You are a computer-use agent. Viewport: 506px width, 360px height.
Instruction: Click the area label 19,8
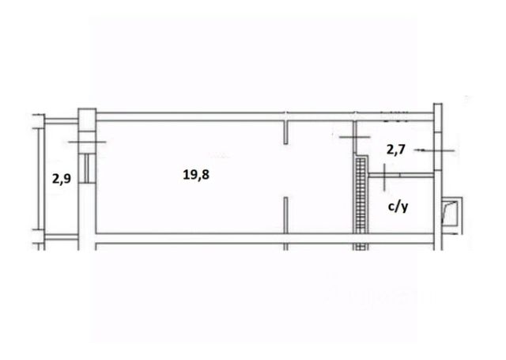[196, 175]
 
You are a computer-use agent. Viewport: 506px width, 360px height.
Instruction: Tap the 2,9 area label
[62, 178]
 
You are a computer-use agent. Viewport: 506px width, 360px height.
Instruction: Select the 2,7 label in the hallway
[395, 150]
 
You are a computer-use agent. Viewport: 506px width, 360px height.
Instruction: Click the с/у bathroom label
[398, 207]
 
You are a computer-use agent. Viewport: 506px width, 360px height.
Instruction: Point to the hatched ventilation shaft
[361, 195]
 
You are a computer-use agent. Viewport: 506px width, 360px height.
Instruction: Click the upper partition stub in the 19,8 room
[285, 132]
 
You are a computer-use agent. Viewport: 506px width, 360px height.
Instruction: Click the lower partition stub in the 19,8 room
[285, 215]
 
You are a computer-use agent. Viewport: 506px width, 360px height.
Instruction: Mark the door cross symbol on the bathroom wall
[385, 177]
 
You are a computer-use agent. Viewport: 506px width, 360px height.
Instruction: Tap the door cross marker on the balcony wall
[87, 142]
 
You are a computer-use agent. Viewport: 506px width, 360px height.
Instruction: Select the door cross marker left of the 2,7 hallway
[355, 137]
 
